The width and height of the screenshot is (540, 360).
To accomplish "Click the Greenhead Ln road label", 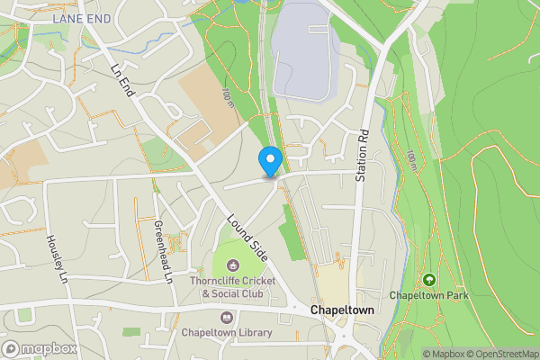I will point(162,252).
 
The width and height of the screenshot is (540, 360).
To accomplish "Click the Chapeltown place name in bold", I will point(341,310).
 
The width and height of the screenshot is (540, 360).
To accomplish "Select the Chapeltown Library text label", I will point(227,333).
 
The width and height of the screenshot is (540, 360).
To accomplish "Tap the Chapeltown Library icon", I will point(225,318).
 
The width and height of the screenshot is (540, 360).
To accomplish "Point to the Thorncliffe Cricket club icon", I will point(233,265).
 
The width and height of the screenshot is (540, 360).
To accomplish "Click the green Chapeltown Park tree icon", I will point(428,280).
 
